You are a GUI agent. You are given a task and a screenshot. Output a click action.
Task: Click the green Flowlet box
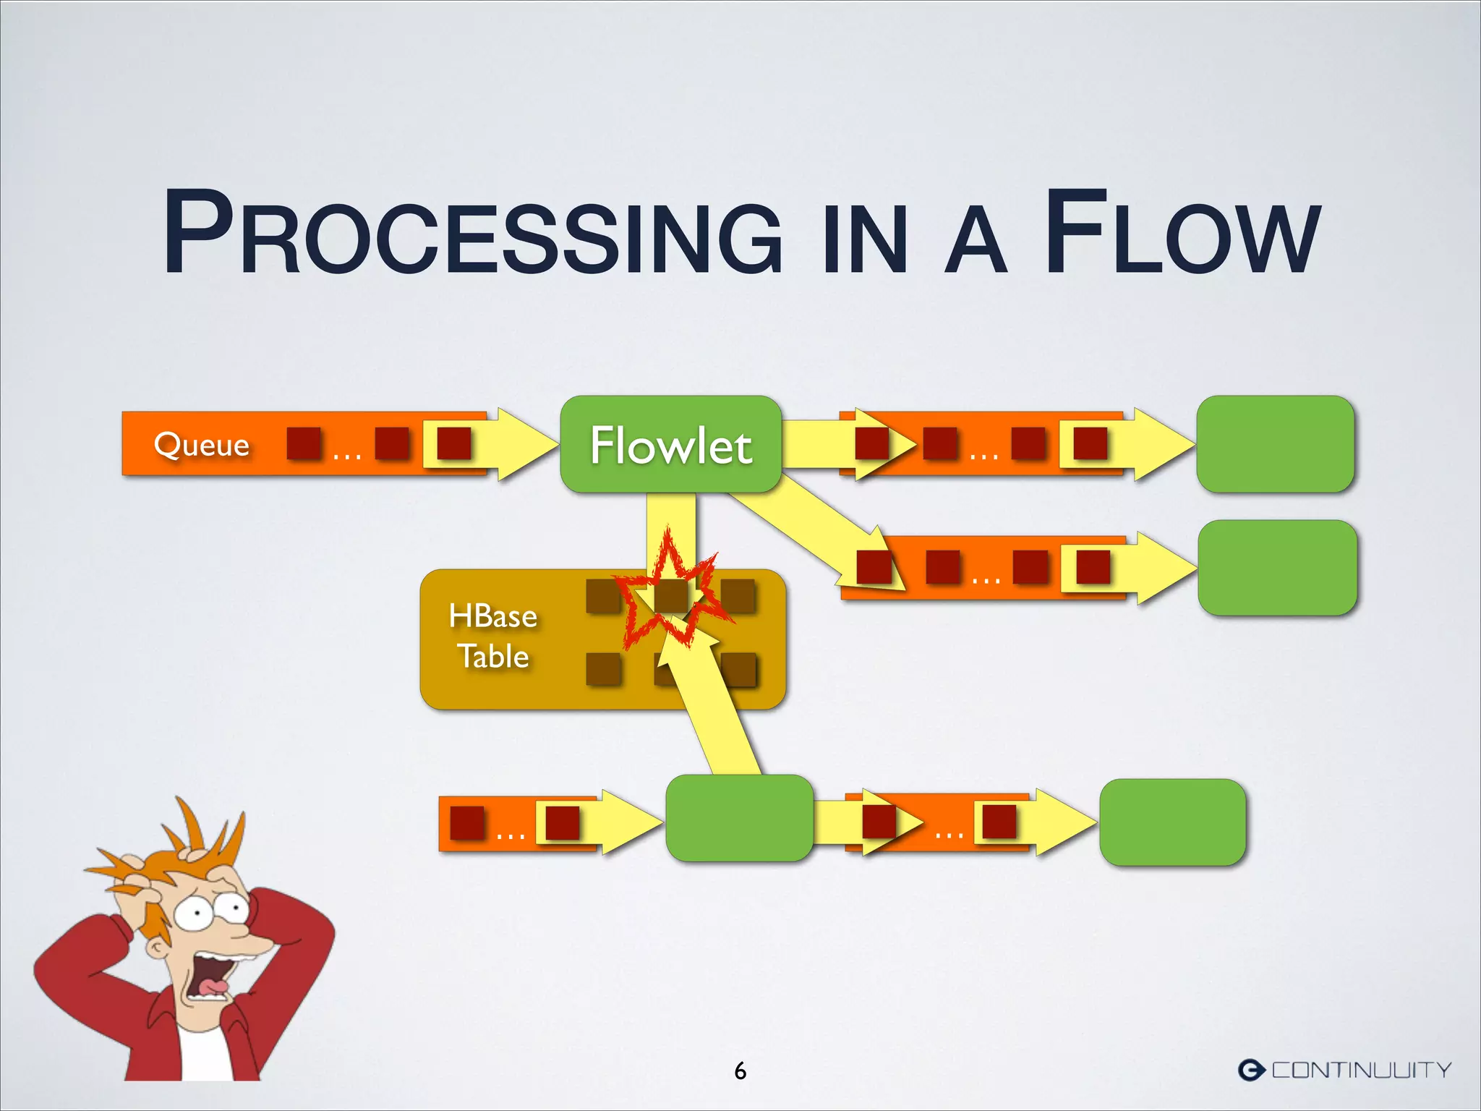pos(670,444)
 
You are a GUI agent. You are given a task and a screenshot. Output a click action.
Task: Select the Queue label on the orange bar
pos(201,443)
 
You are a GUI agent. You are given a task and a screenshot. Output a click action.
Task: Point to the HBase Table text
pos(493,636)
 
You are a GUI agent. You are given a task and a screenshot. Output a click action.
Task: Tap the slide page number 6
pos(740,1070)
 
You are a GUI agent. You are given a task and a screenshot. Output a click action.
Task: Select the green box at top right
pos(1275,444)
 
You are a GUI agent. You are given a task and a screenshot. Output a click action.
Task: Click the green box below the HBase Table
pos(738,818)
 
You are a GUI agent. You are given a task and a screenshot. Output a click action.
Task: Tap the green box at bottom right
pos(1172,822)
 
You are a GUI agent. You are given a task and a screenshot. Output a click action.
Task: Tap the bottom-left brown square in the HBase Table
pos(603,669)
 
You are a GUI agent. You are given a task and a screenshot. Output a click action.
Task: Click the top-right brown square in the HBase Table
pos(738,596)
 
